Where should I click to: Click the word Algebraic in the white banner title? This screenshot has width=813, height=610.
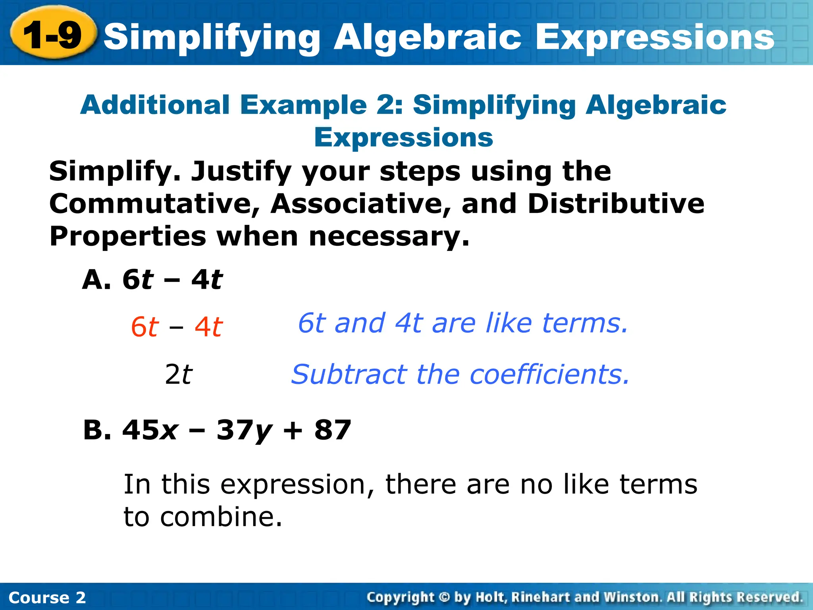[x=427, y=37]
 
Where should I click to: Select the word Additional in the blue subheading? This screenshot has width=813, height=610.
[x=155, y=105]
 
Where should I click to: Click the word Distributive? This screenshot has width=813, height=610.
[x=616, y=204]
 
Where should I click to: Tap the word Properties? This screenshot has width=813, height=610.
[x=127, y=236]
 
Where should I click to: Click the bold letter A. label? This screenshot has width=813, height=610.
[x=96, y=280]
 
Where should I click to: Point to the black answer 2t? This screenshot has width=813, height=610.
[x=178, y=374]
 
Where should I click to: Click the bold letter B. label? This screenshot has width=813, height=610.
[x=97, y=430]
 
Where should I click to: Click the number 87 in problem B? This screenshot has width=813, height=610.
[x=333, y=430]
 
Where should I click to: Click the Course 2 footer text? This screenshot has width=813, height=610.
[x=47, y=597]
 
